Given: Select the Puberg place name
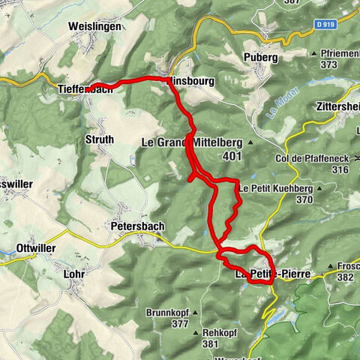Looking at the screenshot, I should (261, 57).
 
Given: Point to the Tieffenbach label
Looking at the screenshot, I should (85, 89).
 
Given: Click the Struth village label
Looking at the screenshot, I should (100, 139).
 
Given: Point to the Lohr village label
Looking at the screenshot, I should (74, 274).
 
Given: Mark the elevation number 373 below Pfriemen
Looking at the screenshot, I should (327, 65).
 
